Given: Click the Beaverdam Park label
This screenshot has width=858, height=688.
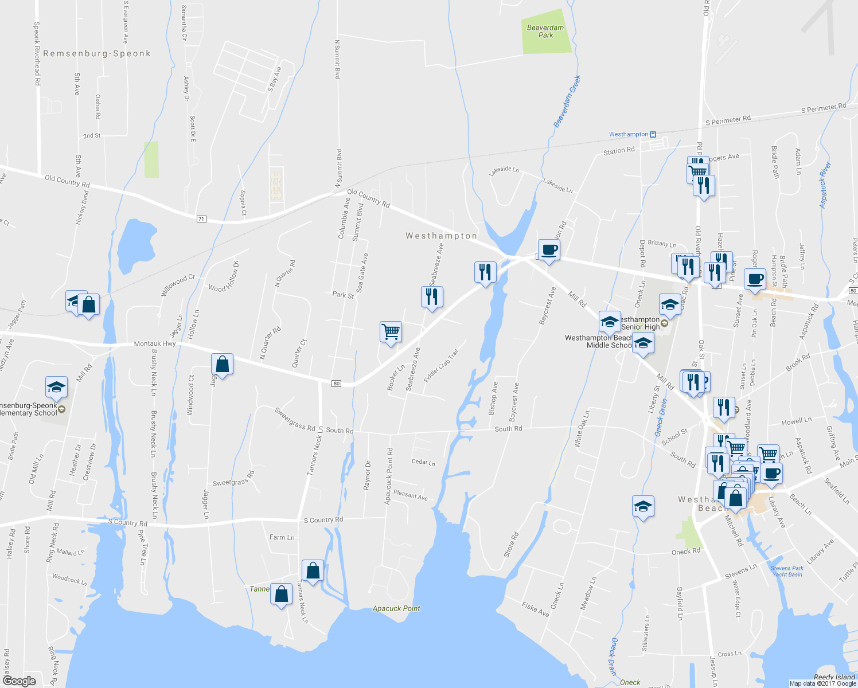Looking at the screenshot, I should tap(545, 31).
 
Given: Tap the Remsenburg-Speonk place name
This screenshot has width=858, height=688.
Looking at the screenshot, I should tap(97, 53).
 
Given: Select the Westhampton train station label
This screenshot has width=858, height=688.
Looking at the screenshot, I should tap(629, 134).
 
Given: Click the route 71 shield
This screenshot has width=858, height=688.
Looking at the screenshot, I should tap(201, 219).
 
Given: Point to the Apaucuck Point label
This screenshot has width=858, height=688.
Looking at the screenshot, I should tap(396, 608).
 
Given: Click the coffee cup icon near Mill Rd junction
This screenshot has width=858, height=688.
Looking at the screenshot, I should tap(549, 250).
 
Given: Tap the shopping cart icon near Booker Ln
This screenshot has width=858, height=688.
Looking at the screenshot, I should tap(391, 331).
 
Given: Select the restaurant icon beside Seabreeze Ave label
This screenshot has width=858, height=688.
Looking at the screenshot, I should tap(431, 296).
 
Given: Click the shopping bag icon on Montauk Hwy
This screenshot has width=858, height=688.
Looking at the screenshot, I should tap(222, 364).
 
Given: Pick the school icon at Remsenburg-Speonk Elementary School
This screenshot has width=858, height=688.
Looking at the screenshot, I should tap(56, 388).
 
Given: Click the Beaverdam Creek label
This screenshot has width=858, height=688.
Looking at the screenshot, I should tap(567, 101).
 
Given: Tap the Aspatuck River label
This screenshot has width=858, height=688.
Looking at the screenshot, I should tap(825, 185).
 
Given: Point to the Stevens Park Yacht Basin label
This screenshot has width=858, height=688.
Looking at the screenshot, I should tap(787, 571).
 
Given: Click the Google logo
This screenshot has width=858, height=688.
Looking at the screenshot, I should tap(19, 681).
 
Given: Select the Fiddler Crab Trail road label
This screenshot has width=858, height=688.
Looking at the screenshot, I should tap(441, 366).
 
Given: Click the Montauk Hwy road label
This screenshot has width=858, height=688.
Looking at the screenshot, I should tap(155, 344).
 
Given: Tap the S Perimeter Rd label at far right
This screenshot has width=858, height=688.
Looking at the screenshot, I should tap(824, 107).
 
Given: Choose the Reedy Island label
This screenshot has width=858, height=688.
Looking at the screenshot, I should tap(834, 677).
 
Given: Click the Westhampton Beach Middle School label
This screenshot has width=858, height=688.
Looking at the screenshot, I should tap(598, 342).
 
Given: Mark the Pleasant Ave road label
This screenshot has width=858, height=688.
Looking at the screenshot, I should tap(410, 495).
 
